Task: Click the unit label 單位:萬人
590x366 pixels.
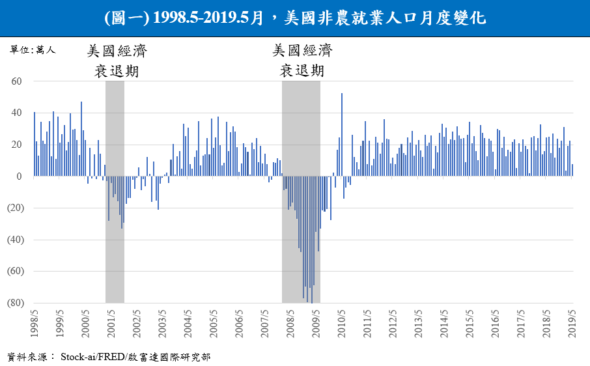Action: (x=33, y=50)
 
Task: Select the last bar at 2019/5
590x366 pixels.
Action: (x=572, y=170)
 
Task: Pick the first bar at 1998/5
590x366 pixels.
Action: (x=35, y=144)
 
